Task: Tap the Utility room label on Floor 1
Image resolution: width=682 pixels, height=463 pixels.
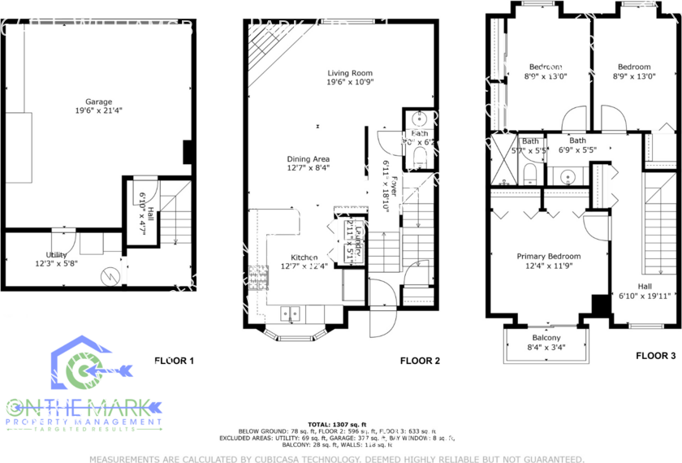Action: pos(56,255)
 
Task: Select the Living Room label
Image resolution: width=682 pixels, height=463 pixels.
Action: pos(350,72)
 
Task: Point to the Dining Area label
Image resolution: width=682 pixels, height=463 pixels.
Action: pos(308,159)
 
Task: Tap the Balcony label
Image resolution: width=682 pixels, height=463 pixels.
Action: pos(546,338)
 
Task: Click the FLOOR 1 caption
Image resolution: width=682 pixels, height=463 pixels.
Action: pos(175,360)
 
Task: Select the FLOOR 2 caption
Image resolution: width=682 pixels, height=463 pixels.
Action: pos(419,360)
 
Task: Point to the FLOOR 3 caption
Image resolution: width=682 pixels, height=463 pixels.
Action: pos(655,355)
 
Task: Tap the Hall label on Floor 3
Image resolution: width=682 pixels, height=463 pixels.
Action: pos(645,286)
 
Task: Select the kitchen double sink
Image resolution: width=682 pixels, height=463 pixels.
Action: pos(291,311)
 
